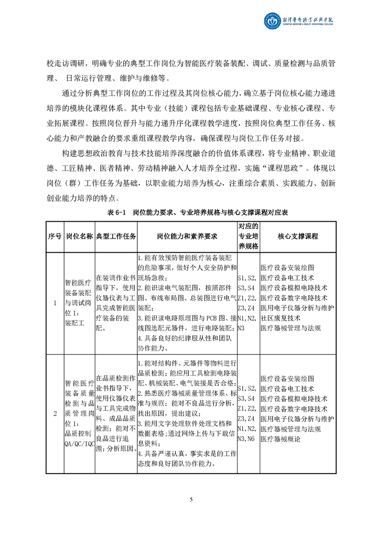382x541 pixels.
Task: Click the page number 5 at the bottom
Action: [191, 499]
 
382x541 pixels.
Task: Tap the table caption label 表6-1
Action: [115, 212]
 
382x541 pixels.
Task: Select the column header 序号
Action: [55, 236]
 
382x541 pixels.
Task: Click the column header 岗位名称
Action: [79, 236]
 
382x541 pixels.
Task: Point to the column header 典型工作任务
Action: [116, 236]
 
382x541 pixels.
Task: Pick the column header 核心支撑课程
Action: [298, 236]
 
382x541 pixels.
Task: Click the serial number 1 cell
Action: [55, 303]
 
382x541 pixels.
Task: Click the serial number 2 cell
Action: [55, 413]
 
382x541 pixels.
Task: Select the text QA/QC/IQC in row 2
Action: [79, 444]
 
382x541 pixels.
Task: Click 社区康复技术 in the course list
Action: [280, 318]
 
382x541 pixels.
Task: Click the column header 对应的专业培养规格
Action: [249, 236]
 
